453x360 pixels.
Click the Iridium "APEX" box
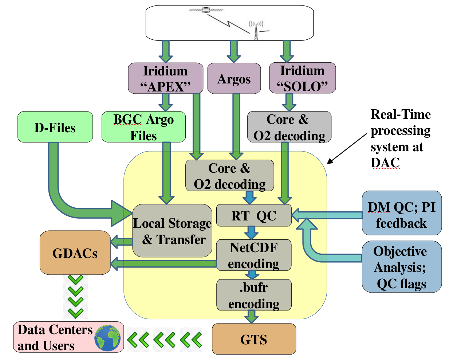[x=165, y=78]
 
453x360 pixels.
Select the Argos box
[x=234, y=78]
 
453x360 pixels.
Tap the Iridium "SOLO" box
[x=302, y=78]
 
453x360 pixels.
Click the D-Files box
[x=55, y=127]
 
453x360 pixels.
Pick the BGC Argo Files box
[x=143, y=127]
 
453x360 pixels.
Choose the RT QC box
[x=254, y=215]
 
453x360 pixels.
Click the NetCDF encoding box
[x=254, y=255]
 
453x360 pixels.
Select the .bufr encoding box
[x=254, y=295]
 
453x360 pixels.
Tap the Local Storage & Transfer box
[x=172, y=231]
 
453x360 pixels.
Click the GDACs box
[x=75, y=253]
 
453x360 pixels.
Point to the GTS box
[x=254, y=339]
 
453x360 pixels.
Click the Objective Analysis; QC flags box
[x=401, y=267]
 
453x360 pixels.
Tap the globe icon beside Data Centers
[x=107, y=338]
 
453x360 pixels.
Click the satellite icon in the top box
[x=206, y=10]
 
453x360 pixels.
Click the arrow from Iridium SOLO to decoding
[x=289, y=102]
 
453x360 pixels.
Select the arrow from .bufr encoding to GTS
[x=251, y=316]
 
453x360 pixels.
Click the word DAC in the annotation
[x=385, y=163]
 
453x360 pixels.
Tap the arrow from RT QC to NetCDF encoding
[x=251, y=232]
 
